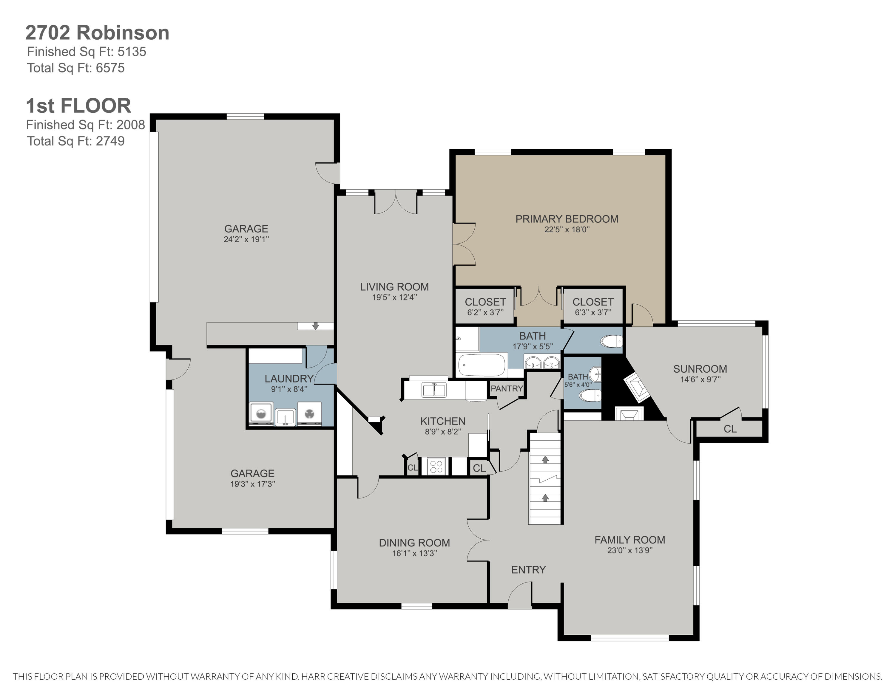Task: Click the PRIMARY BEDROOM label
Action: (567, 219)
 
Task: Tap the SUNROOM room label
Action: (700, 369)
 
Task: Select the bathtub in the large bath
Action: (482, 365)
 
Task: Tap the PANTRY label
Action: (507, 388)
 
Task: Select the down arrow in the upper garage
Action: (315, 326)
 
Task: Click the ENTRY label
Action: (528, 570)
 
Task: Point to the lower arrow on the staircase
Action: (545, 497)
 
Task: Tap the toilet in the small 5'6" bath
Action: (590, 396)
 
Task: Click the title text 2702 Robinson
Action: (98, 33)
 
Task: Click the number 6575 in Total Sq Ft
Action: (110, 68)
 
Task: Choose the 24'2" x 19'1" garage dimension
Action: (246, 239)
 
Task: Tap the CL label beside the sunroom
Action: (730, 429)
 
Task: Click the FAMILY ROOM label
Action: (630, 540)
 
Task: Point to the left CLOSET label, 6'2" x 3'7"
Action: (485, 302)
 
